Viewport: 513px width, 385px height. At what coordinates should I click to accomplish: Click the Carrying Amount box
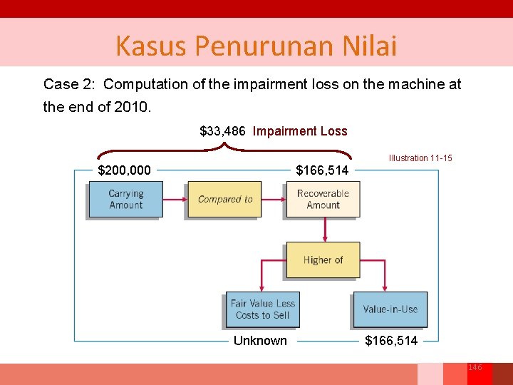point(125,199)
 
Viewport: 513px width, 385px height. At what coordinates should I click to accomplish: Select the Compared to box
point(224,199)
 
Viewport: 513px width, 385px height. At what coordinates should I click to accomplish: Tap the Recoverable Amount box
point(323,199)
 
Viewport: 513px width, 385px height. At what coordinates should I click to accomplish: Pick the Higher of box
point(323,260)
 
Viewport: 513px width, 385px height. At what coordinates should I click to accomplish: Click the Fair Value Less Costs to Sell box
point(262,309)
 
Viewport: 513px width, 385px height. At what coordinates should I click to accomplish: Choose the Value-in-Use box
point(390,309)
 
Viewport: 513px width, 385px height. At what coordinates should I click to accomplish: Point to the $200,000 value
point(124,170)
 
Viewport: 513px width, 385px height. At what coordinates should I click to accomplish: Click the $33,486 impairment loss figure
point(222,131)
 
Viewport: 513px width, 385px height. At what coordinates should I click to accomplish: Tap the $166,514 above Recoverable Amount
point(323,170)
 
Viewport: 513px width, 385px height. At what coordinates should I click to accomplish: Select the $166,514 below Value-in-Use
point(391,341)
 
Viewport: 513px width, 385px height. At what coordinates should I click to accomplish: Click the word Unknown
point(260,341)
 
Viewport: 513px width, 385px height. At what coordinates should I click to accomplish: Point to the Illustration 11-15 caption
point(420,158)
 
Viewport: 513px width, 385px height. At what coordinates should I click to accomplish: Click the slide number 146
point(475,367)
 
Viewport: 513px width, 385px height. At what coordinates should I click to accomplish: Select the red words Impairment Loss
point(300,131)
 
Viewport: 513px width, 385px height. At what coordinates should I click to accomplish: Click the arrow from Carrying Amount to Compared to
point(175,199)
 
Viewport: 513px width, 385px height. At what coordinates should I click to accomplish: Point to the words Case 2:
point(70,84)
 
